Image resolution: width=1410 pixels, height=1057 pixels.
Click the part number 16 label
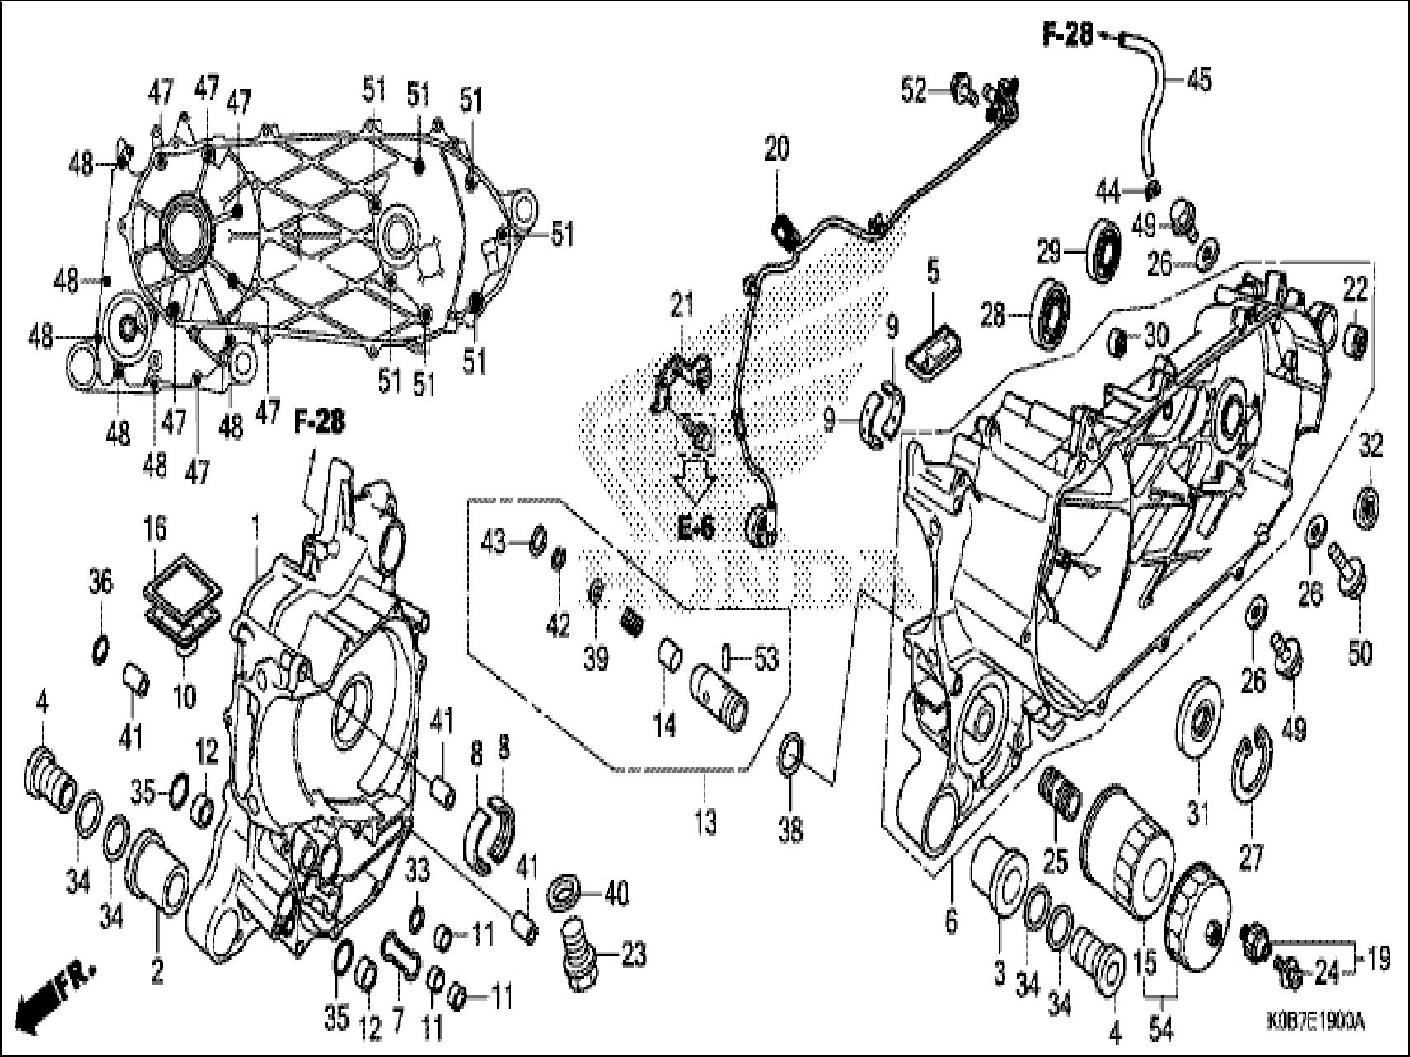156,528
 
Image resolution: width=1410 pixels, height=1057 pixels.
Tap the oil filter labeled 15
1126,849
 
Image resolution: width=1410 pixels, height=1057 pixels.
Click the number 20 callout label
775,149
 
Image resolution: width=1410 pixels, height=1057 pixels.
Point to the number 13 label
705,822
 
